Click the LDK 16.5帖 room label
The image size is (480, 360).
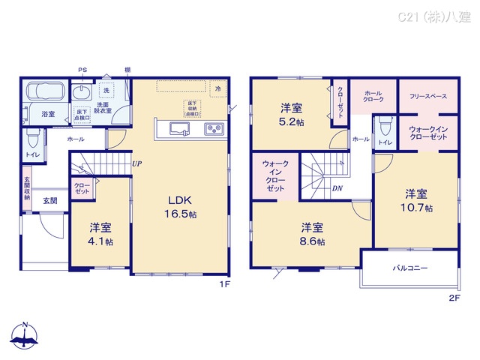point(181,207)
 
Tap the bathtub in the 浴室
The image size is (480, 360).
point(44,93)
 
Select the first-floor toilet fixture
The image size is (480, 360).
point(32,139)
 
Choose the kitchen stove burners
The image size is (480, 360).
point(214,129)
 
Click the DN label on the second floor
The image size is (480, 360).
point(338,188)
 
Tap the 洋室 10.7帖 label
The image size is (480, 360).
point(416,199)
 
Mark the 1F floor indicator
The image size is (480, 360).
point(224,285)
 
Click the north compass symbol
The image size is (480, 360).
point(25,337)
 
